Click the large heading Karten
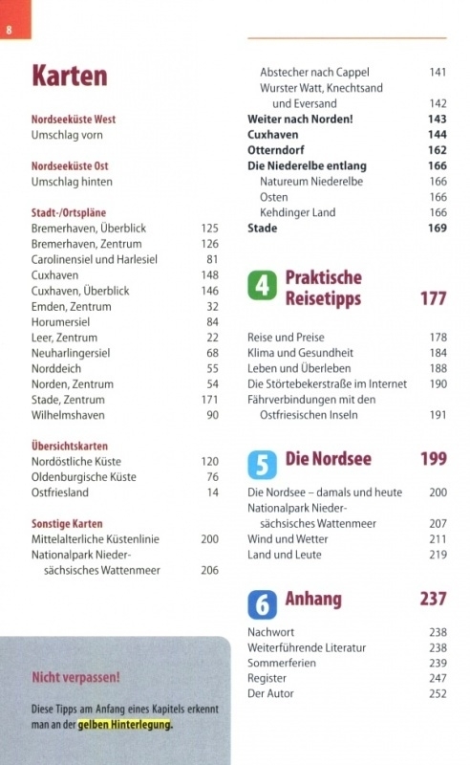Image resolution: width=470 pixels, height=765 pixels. tap(69, 76)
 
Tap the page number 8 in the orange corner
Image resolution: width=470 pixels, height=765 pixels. tap(9, 31)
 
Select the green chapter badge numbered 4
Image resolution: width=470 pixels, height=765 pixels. tap(263, 285)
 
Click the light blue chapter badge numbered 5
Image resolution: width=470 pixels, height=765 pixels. tap(263, 465)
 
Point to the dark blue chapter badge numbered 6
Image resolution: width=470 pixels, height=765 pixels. tap(263, 604)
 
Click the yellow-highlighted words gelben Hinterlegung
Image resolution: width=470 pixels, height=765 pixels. tap(125, 725)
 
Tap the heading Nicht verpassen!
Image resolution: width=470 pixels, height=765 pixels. tap(75, 677)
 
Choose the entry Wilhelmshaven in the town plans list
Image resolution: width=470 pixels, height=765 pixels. tap(68, 415)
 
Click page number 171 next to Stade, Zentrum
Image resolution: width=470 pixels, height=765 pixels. tap(209, 400)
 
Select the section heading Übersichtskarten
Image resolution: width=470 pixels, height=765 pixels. tap(69, 446)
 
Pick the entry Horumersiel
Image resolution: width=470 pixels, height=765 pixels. tap(60, 322)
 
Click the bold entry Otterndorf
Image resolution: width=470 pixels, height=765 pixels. tap(275, 150)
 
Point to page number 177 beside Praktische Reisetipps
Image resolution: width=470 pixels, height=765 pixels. tap(434, 298)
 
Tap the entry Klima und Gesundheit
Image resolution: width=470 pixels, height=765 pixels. tap(300, 353)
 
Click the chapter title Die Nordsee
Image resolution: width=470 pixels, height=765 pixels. tap(328, 459)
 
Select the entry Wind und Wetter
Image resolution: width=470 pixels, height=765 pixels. tap(288, 539)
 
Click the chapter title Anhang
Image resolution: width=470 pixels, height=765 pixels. tap(313, 599)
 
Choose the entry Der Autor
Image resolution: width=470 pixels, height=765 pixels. tap(270, 693)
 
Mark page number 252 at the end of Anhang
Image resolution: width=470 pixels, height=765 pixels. tap(438, 693)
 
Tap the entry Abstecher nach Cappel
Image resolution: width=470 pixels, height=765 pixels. tap(314, 73)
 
